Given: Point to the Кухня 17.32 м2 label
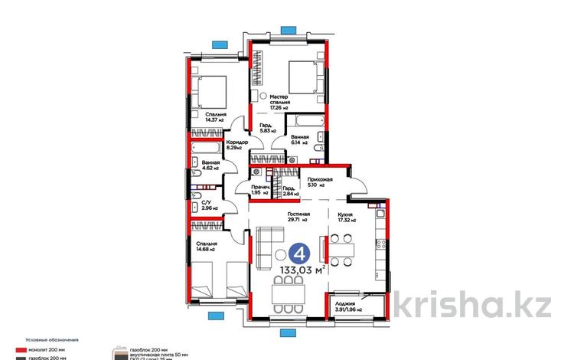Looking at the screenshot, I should (348, 216).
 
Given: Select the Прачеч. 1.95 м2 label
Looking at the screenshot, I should (261, 190).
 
